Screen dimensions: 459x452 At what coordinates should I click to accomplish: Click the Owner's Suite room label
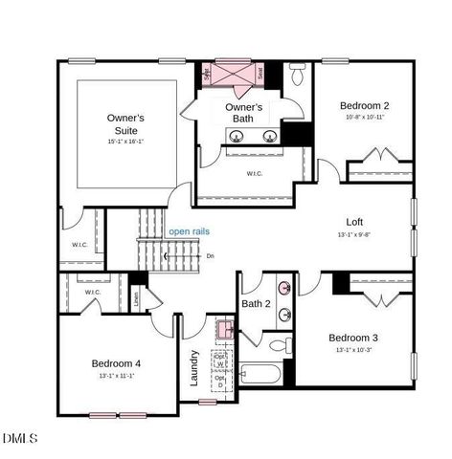126,123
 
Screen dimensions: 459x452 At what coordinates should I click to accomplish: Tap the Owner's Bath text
243,113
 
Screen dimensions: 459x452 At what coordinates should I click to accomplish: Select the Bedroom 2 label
365,105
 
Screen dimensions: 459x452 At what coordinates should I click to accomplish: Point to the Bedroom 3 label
353,338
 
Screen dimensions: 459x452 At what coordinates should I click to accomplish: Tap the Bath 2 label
255,304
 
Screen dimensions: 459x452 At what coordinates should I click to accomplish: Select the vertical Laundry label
194,367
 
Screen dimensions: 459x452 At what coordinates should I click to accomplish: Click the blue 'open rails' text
189,231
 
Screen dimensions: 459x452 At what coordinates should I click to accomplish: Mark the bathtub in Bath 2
263,376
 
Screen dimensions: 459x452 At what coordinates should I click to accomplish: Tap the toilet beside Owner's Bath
298,73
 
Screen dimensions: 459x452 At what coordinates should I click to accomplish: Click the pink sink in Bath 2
285,287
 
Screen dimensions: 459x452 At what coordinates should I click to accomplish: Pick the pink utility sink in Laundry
224,330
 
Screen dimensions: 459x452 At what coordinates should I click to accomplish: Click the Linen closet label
138,298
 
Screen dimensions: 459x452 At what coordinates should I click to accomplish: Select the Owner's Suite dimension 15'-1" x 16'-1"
126,141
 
